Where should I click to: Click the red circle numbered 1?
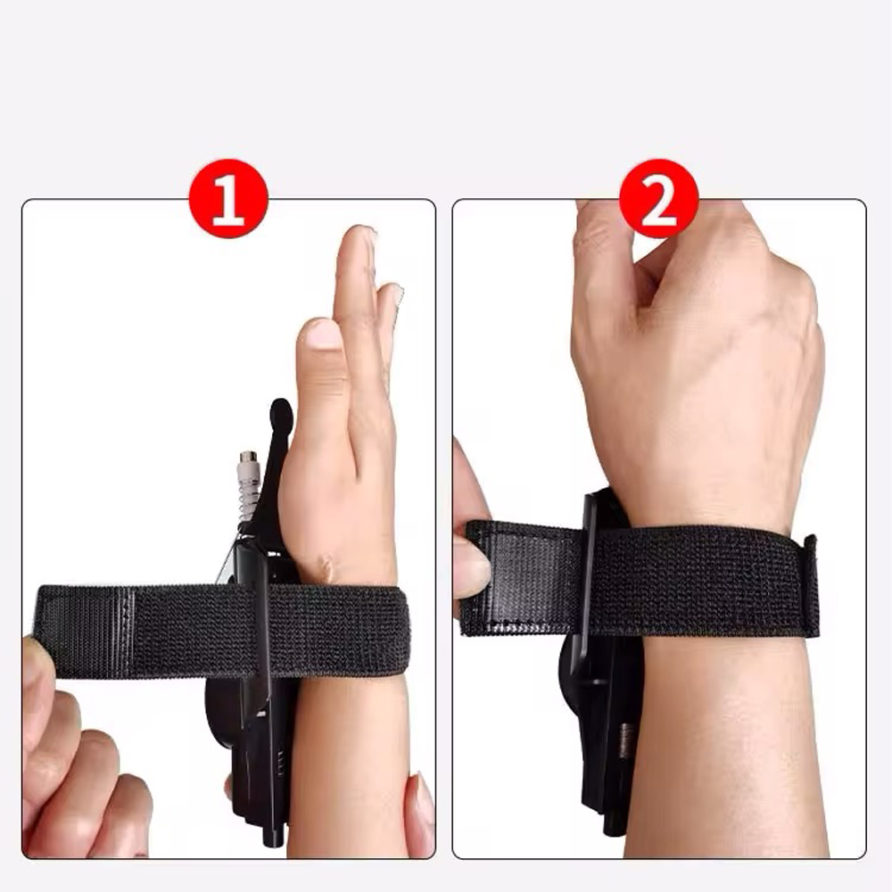(x=228, y=199)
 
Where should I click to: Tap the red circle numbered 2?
(x=659, y=199)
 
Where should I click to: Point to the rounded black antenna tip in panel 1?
(x=281, y=414)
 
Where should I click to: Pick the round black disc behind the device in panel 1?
(x=223, y=711)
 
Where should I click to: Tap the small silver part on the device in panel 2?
(x=626, y=739)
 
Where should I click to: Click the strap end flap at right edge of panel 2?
(x=810, y=586)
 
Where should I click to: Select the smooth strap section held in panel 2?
(x=524, y=577)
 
